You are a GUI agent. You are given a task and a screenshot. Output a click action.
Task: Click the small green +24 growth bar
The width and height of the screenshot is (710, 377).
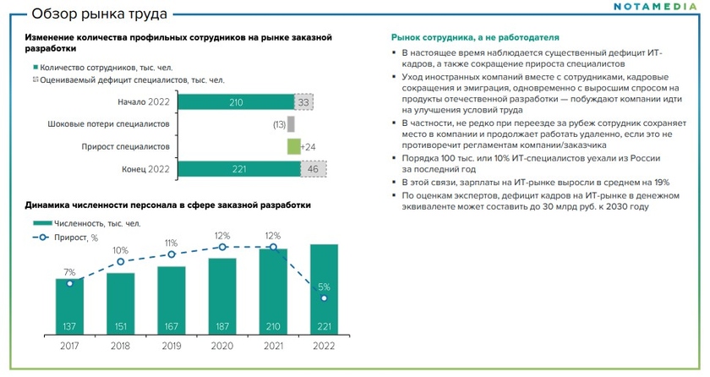pyautogui.click(x=293, y=146)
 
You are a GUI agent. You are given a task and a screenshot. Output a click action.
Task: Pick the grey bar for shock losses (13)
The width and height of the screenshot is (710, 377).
pyautogui.click(x=291, y=124)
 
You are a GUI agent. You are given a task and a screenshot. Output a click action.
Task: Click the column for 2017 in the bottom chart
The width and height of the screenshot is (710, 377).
pyautogui.click(x=69, y=306)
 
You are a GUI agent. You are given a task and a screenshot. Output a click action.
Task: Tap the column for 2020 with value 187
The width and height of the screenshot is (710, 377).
pyautogui.click(x=221, y=296)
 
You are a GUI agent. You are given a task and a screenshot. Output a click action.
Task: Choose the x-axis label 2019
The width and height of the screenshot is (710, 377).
pyautogui.click(x=171, y=347)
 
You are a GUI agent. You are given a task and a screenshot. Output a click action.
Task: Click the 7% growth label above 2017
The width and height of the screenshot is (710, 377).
pyautogui.click(x=69, y=272)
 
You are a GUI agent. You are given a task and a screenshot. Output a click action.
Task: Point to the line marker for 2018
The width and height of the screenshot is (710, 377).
pyautogui.click(x=120, y=262)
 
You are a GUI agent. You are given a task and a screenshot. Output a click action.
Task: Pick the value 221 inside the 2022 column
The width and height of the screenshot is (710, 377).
pyautogui.click(x=323, y=325)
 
